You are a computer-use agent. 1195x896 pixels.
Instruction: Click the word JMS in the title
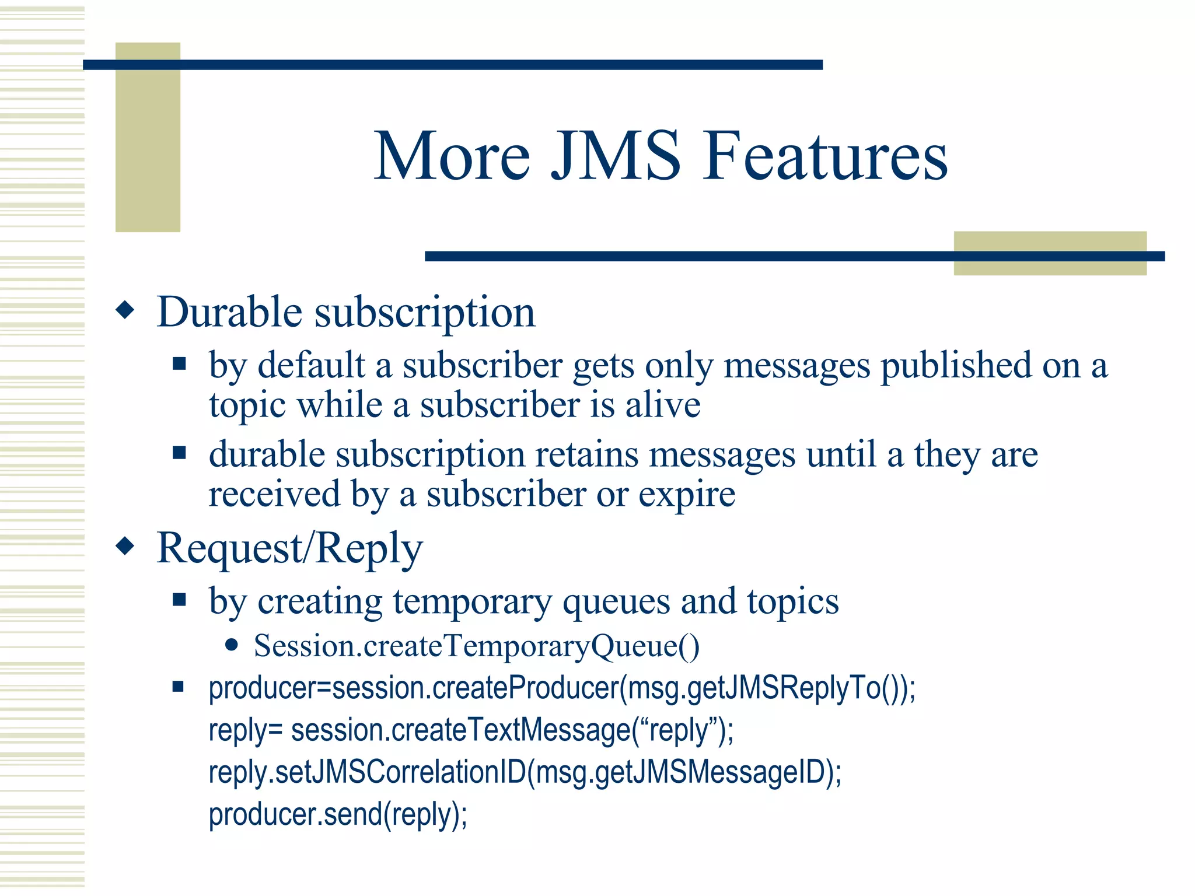pos(616,156)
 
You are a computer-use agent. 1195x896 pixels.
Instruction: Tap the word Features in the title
pos(825,156)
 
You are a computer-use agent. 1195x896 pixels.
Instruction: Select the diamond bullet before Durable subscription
pos(125,310)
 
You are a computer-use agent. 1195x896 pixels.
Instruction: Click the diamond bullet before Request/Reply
pos(125,546)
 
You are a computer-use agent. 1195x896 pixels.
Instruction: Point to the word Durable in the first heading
pos(230,312)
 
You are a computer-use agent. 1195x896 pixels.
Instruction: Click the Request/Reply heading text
pos(289,548)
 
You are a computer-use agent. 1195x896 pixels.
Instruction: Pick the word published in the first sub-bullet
pos(956,366)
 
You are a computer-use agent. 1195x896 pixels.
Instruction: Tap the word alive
pos(663,405)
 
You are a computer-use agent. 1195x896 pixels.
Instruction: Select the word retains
pos(586,454)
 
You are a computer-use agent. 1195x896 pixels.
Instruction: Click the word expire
pos(686,495)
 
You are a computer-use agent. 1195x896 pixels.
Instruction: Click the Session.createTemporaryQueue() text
pos(476,646)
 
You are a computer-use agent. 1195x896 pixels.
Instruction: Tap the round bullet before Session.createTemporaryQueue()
pos(232,645)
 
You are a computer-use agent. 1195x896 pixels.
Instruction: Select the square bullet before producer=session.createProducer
pos(179,687)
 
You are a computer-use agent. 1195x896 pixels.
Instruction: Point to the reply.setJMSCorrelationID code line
pos(525,772)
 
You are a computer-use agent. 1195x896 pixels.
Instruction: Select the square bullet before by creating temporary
pos(179,600)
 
